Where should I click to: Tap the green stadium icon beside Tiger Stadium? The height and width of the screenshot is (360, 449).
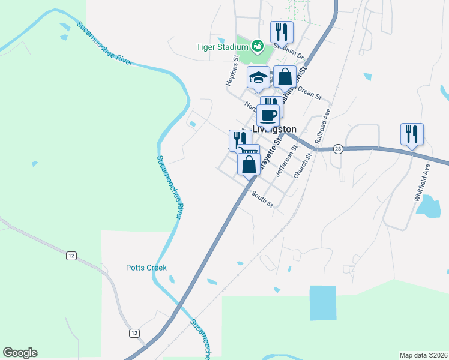(258, 45)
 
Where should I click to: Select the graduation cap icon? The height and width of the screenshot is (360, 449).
(259, 77)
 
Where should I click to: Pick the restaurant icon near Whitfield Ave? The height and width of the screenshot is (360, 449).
(412, 134)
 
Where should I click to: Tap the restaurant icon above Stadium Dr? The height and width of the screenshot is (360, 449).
(281, 32)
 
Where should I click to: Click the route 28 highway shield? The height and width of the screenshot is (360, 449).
(339, 149)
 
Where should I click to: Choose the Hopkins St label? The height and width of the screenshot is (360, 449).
(232, 71)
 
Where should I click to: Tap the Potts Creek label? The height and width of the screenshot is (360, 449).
(146, 268)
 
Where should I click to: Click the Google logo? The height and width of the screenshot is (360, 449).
(20, 353)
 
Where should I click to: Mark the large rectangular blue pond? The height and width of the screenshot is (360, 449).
(323, 302)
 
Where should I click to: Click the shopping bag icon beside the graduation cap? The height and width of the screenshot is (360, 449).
(285, 77)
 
